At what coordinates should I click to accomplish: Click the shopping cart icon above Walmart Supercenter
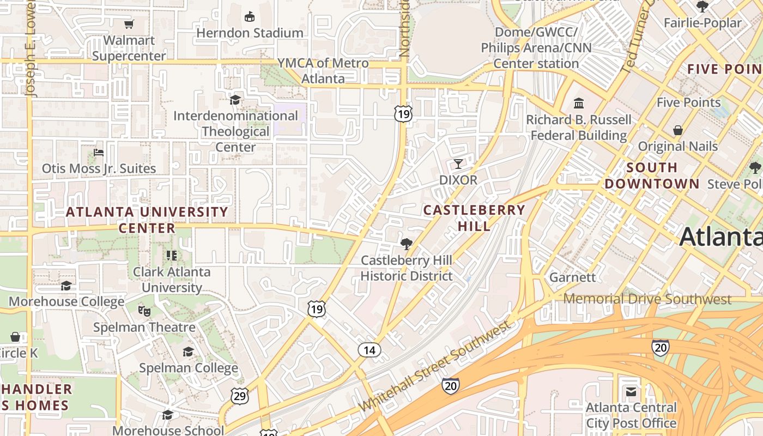[129, 24]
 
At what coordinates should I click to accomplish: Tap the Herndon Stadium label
[250, 33]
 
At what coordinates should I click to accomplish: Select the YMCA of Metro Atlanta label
[323, 71]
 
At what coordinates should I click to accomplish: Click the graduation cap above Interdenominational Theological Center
[235, 100]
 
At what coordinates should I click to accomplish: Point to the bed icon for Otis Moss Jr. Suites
[99, 152]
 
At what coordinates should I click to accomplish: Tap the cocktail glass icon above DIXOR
[458, 163]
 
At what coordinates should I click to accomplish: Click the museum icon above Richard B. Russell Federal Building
[579, 103]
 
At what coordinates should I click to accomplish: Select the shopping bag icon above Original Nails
[678, 130]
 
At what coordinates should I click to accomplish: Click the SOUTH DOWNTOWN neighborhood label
[652, 175]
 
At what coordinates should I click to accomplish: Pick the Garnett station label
[572, 277]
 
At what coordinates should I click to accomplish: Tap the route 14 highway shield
[370, 350]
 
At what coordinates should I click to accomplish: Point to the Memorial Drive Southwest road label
[647, 299]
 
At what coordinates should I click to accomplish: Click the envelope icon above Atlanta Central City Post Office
[631, 392]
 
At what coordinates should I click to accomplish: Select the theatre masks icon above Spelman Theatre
[144, 311]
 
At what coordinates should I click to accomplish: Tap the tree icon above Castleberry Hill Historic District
[406, 244]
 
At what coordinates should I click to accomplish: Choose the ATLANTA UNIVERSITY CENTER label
[147, 220]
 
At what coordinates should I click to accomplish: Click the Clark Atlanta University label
[172, 279]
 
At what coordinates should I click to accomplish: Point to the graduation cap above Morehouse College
[66, 286]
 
